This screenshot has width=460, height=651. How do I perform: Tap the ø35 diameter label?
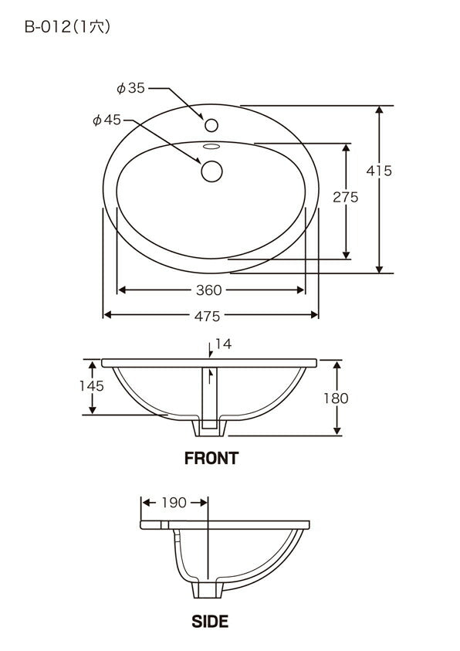point(130,88)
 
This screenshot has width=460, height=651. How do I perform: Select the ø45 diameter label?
point(107,120)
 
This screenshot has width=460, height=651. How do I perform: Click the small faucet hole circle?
point(211,125)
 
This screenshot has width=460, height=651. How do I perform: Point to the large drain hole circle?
point(212,171)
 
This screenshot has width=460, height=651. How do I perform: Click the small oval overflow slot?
point(212,146)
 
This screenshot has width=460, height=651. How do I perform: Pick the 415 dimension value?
point(379,171)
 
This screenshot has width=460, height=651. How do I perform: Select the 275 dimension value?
point(346,197)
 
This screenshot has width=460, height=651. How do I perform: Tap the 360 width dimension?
point(208,290)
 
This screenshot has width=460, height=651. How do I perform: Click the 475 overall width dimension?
point(207,316)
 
